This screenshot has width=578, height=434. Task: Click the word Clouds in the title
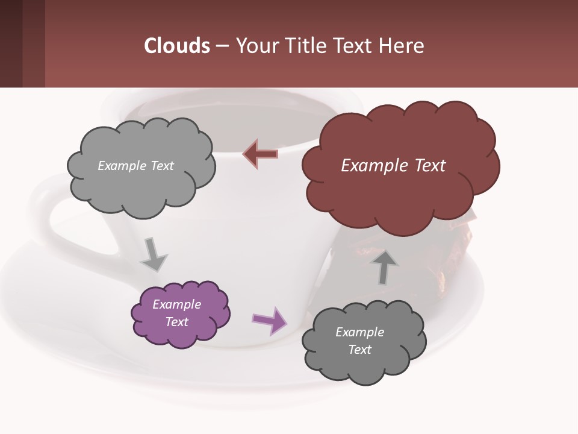[x=177, y=45]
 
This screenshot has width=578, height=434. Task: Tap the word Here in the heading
[x=402, y=45]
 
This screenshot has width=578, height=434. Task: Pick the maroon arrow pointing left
[x=260, y=154]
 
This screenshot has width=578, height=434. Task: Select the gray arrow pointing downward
[x=154, y=255]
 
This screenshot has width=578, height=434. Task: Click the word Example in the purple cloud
[x=176, y=304]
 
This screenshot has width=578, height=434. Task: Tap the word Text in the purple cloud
[x=176, y=322]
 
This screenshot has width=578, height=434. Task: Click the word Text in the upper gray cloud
[x=161, y=166]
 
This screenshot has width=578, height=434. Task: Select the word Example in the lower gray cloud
[x=359, y=332]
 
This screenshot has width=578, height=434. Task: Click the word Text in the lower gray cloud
[x=359, y=350]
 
